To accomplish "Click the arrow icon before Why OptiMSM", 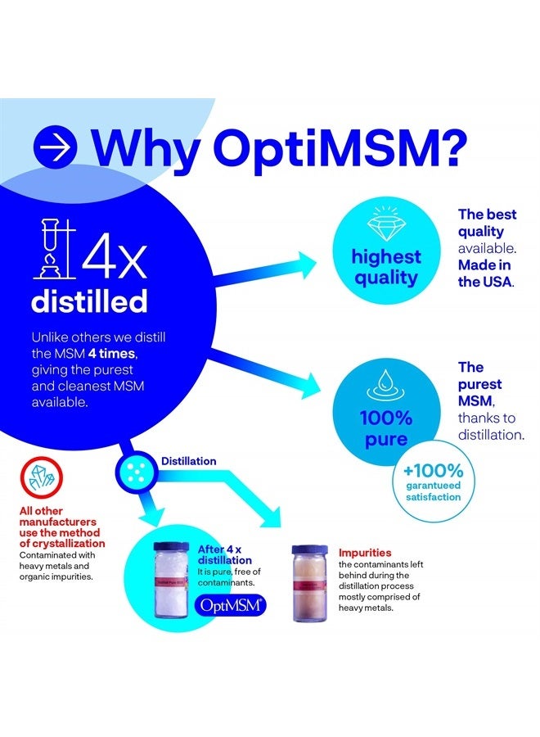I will point(56,147).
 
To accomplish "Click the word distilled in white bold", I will point(89,301).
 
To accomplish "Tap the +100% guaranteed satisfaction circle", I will point(434,482).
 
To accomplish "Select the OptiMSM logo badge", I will point(230,606).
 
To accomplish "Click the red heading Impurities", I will point(365,553).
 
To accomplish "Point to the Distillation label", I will point(189,461).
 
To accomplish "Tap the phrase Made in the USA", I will point(488,274).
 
